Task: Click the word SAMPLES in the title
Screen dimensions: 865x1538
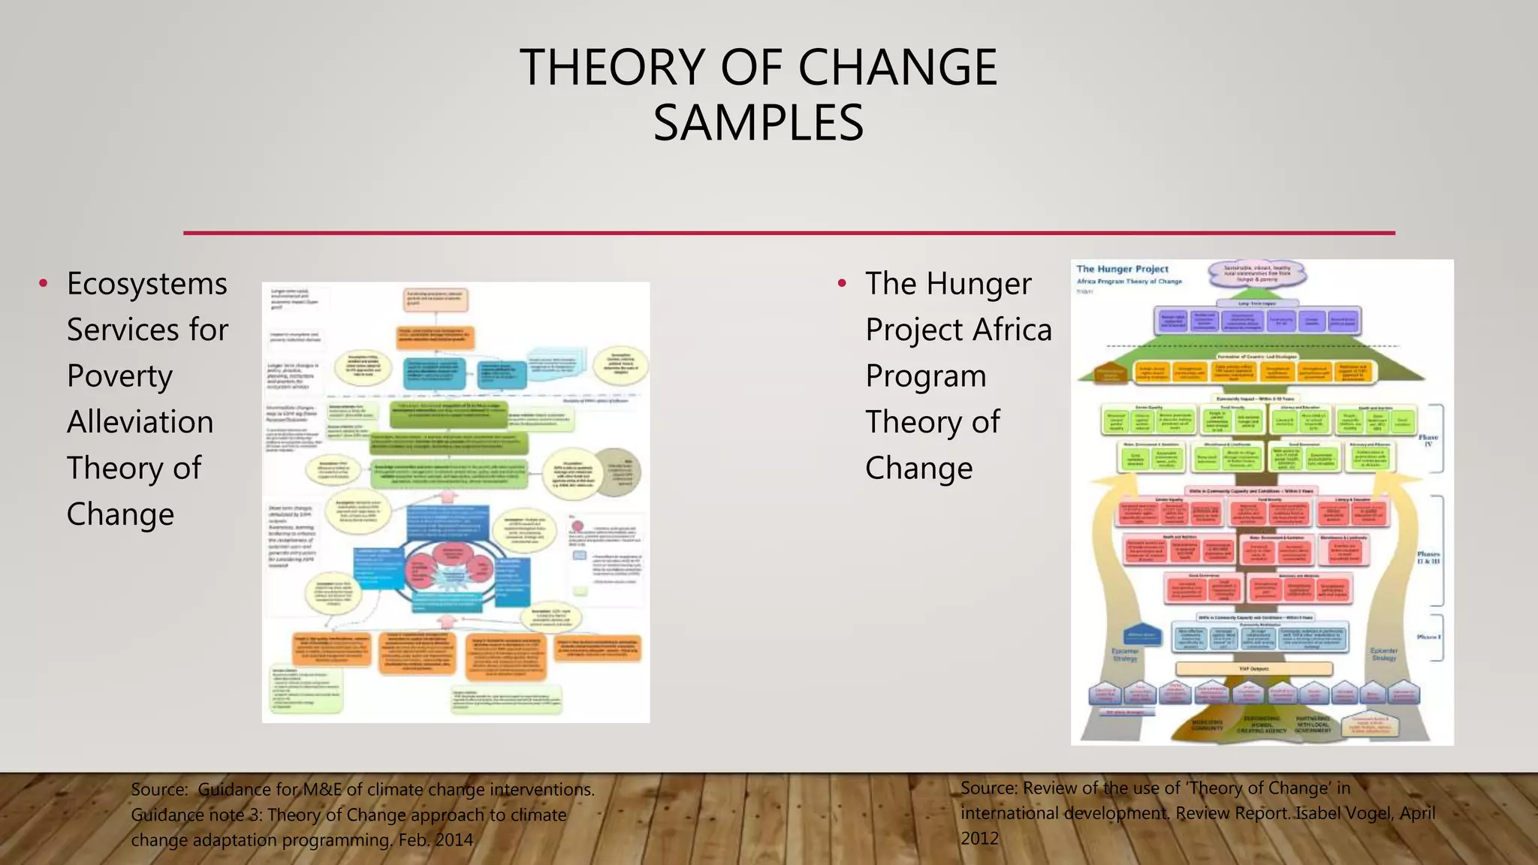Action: tap(758, 123)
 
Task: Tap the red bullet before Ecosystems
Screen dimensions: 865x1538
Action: tap(44, 284)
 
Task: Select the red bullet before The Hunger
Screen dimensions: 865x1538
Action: tap(842, 284)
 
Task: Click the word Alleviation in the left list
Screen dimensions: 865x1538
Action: tap(140, 422)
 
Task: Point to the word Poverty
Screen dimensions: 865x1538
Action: tap(119, 376)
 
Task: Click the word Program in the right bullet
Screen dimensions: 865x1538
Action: tap(925, 376)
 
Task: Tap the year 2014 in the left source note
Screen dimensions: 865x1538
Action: tap(454, 839)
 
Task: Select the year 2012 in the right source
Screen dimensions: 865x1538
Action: tap(980, 838)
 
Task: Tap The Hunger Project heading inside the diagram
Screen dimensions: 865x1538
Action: tap(1122, 269)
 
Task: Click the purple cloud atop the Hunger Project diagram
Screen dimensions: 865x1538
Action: tap(1257, 273)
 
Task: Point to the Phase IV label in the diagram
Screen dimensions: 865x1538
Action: tap(1428, 440)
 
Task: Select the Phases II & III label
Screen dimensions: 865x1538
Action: tap(1428, 558)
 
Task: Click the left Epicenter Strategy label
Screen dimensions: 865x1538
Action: tap(1124, 655)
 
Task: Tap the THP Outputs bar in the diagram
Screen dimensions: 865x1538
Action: tap(1253, 668)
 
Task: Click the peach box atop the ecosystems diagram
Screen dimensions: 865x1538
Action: tap(436, 300)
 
